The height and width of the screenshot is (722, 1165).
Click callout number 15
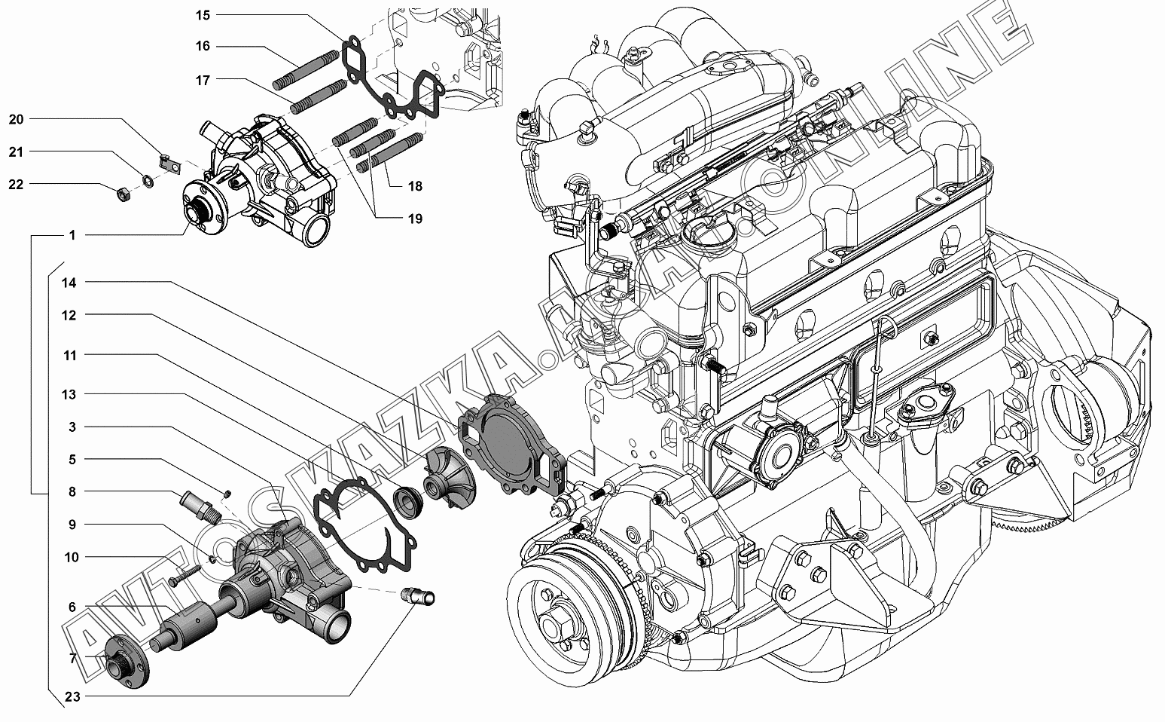click(203, 15)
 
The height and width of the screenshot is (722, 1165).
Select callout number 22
click(16, 185)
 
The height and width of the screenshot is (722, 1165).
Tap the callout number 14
click(69, 283)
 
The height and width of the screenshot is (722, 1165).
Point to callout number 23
click(72, 696)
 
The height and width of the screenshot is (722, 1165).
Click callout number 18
click(415, 186)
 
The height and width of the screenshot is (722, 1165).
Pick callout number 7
click(73, 659)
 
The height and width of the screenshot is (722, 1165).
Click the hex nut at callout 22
click(124, 195)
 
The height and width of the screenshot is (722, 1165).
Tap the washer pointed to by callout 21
click(148, 182)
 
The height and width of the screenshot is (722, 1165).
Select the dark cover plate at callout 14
click(512, 445)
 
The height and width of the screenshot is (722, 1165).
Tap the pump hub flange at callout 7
click(127, 661)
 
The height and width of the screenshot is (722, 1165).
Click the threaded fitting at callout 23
click(419, 597)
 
